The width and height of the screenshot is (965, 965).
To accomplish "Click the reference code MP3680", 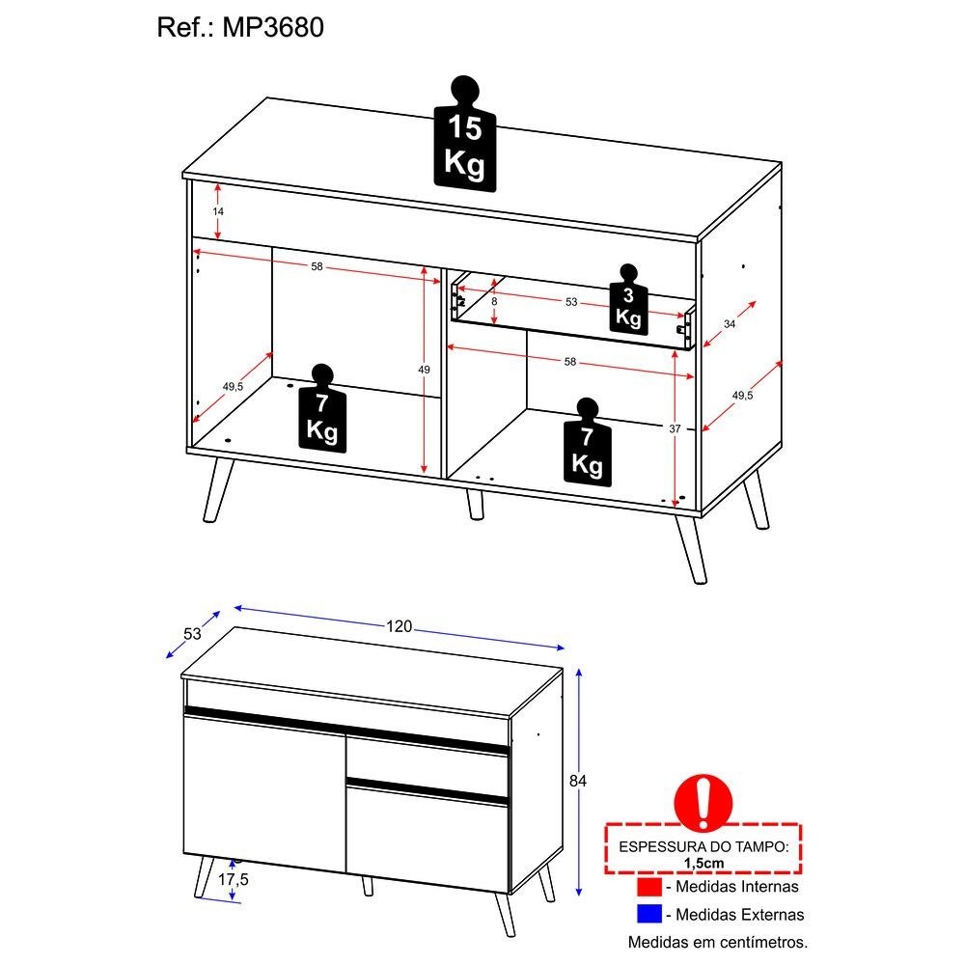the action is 273,28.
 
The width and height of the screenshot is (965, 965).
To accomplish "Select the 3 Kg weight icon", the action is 628,300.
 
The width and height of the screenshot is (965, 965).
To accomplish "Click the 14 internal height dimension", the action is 218,211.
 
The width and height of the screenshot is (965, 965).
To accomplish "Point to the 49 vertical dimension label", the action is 424,370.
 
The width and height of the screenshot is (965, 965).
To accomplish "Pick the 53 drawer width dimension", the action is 571,301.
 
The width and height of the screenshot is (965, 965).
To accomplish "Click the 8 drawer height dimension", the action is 494,301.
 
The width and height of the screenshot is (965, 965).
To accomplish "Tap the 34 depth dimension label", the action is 730,323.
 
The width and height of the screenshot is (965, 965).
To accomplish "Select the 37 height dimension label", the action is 675,428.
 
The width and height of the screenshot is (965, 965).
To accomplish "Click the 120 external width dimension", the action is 399,626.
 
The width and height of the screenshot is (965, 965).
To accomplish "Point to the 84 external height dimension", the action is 578,781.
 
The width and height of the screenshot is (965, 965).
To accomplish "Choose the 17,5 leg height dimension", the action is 234,879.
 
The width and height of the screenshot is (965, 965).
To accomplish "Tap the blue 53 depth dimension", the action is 193,634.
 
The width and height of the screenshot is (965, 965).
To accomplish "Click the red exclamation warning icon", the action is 703,802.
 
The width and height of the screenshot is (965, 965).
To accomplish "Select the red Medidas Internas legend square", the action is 649,887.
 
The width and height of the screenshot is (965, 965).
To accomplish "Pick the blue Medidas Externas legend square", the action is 649,914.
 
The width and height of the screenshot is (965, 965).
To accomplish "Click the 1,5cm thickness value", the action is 704,863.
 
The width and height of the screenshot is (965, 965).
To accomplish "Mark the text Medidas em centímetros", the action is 718,942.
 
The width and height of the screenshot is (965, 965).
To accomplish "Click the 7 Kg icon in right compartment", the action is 587,442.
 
